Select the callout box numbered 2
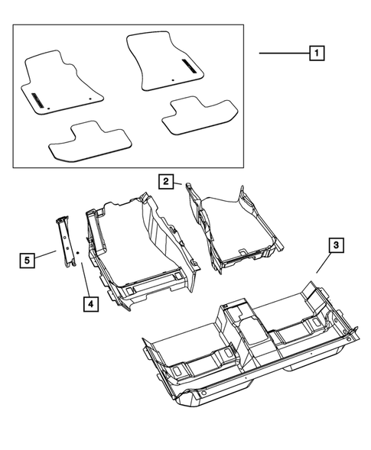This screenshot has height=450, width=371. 166,181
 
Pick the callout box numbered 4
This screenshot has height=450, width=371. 90,303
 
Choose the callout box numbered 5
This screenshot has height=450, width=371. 26,261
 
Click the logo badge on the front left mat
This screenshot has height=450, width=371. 37,98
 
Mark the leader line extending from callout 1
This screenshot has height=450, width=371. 283,53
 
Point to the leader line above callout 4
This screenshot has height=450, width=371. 84,276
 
